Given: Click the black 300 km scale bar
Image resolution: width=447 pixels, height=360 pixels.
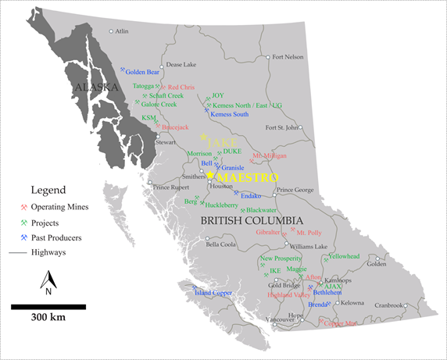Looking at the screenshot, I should click(x=48, y=307).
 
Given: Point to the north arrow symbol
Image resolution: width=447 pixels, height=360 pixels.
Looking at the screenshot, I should click(x=48, y=280).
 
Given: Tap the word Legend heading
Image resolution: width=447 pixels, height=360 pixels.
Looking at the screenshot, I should click(x=48, y=190).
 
